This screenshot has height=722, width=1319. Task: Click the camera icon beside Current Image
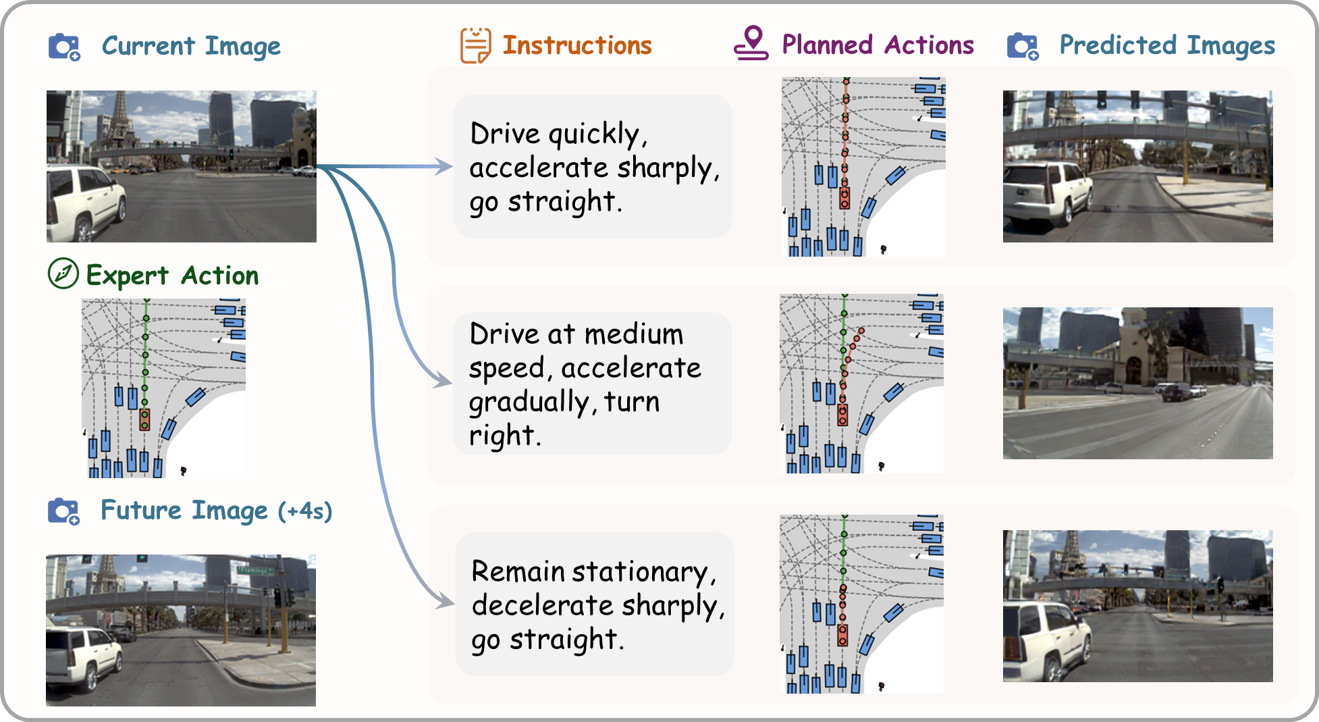point(64,47)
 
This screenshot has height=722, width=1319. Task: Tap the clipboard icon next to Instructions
point(475,45)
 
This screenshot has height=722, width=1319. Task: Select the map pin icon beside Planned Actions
point(751,44)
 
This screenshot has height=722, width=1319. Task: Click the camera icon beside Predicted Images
point(1022,46)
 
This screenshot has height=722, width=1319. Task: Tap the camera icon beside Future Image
point(64,511)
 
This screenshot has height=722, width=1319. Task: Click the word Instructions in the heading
point(577,45)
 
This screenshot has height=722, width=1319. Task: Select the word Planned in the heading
point(827,45)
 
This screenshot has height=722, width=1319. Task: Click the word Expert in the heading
point(127,276)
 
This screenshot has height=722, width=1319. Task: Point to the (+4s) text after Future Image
point(305,511)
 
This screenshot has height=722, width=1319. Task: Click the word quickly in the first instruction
point(594,134)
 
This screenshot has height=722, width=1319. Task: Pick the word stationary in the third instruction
point(644,572)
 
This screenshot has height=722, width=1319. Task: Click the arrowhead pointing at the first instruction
point(444,166)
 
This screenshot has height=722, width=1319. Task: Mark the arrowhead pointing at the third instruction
point(446,600)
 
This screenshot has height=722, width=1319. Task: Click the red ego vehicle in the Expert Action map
point(144,419)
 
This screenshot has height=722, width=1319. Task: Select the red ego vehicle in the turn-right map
point(842,414)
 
